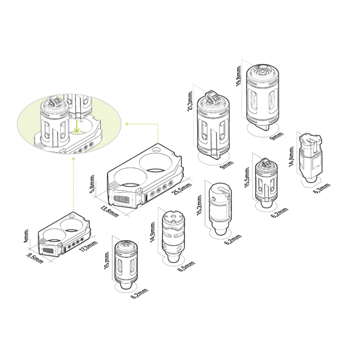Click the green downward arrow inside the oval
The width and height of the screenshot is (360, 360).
click(77, 127)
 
